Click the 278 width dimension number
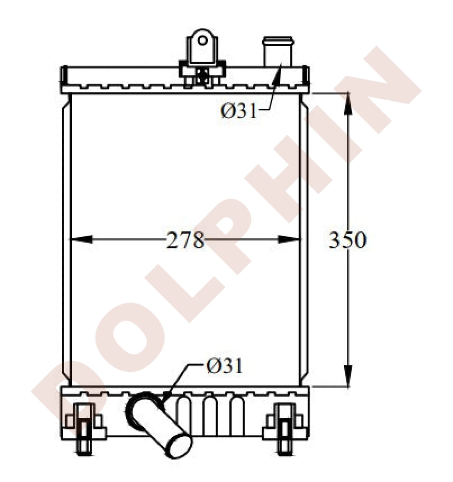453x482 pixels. click(185, 240)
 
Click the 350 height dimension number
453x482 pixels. click(348, 240)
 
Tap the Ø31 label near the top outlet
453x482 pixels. click(238, 111)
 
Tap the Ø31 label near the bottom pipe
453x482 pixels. click(225, 366)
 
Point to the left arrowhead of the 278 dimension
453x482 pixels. click(82, 239)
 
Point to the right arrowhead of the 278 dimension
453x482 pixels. click(288, 239)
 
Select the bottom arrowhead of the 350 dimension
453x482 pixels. click(348, 375)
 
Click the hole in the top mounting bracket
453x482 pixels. click(202, 40)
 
